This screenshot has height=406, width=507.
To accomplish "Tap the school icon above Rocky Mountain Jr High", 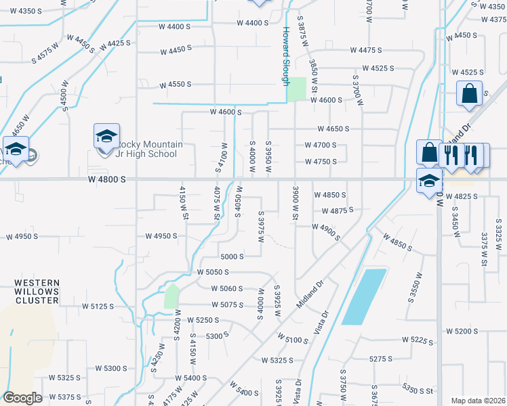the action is (x=106, y=136).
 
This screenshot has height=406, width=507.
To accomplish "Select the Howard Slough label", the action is (x=286, y=55).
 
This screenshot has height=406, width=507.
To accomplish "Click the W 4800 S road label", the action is (x=107, y=180).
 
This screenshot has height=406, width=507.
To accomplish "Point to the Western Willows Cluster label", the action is (x=38, y=288).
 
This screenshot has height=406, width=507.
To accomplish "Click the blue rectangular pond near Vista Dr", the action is (x=364, y=296).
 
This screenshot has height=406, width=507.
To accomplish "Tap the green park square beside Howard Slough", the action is (x=296, y=90).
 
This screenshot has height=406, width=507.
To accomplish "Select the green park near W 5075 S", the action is (x=172, y=296).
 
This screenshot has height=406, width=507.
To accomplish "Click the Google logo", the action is (x=22, y=398).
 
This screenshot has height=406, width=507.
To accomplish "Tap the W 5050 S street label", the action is (x=213, y=272).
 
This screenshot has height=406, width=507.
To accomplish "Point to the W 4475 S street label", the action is (x=366, y=50).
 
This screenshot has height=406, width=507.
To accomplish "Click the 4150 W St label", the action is (x=183, y=202).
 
